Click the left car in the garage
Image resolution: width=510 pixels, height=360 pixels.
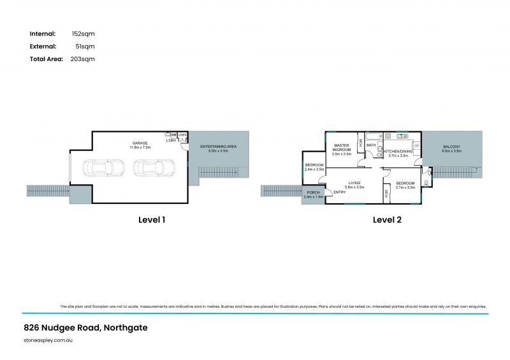101,168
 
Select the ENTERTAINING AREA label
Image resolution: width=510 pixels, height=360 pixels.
218,147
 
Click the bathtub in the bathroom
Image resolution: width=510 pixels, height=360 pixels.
373,136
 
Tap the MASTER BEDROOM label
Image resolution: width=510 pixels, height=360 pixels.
342,147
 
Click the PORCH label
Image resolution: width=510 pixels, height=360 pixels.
313,192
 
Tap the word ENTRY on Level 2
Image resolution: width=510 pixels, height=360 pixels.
339,192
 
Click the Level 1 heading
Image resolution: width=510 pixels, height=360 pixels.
152,220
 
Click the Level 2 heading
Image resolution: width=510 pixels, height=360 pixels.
387,220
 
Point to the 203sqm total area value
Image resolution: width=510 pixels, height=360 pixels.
83,59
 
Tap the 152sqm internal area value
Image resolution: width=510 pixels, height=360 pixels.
83,33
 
